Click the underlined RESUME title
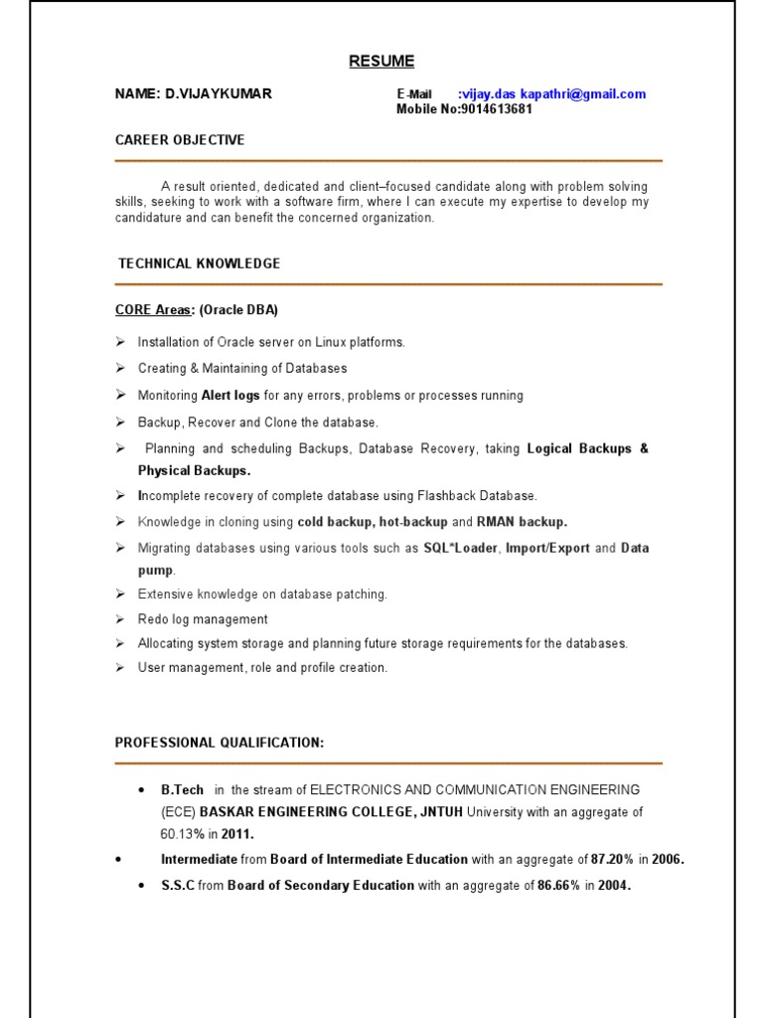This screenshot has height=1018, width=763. click(x=381, y=62)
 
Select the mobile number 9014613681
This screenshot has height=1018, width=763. click(x=497, y=109)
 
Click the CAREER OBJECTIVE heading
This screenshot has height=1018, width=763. click(x=180, y=140)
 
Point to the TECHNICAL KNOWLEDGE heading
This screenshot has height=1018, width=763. click(x=199, y=263)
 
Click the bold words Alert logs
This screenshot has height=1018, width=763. click(x=230, y=396)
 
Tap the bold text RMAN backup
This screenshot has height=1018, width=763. click(x=523, y=522)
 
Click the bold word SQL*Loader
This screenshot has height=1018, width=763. click(x=461, y=548)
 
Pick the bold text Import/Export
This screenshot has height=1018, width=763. click(x=547, y=548)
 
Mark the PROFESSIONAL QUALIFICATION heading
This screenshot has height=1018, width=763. click(x=220, y=743)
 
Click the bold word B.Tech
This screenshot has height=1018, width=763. click(x=182, y=790)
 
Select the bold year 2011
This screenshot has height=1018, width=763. click(x=237, y=834)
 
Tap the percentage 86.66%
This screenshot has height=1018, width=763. click(x=559, y=885)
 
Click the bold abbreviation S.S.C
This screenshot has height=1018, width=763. click(x=178, y=885)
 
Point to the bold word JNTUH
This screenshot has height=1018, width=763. click(x=441, y=812)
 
